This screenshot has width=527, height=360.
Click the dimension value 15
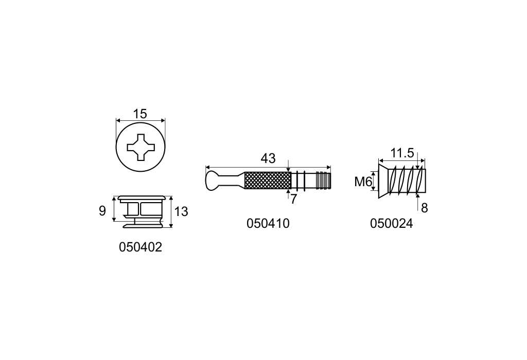coord(140,114)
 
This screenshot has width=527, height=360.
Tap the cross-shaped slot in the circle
coord(141,147)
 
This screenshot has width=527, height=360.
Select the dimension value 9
coord(102,211)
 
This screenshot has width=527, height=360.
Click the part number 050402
coord(140,247)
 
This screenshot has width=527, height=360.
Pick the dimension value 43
coord(268,158)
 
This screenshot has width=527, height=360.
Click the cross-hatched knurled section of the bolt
coord(268,181)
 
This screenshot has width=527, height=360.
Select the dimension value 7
coord(293,199)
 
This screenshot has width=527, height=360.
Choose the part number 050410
coord(268,223)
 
